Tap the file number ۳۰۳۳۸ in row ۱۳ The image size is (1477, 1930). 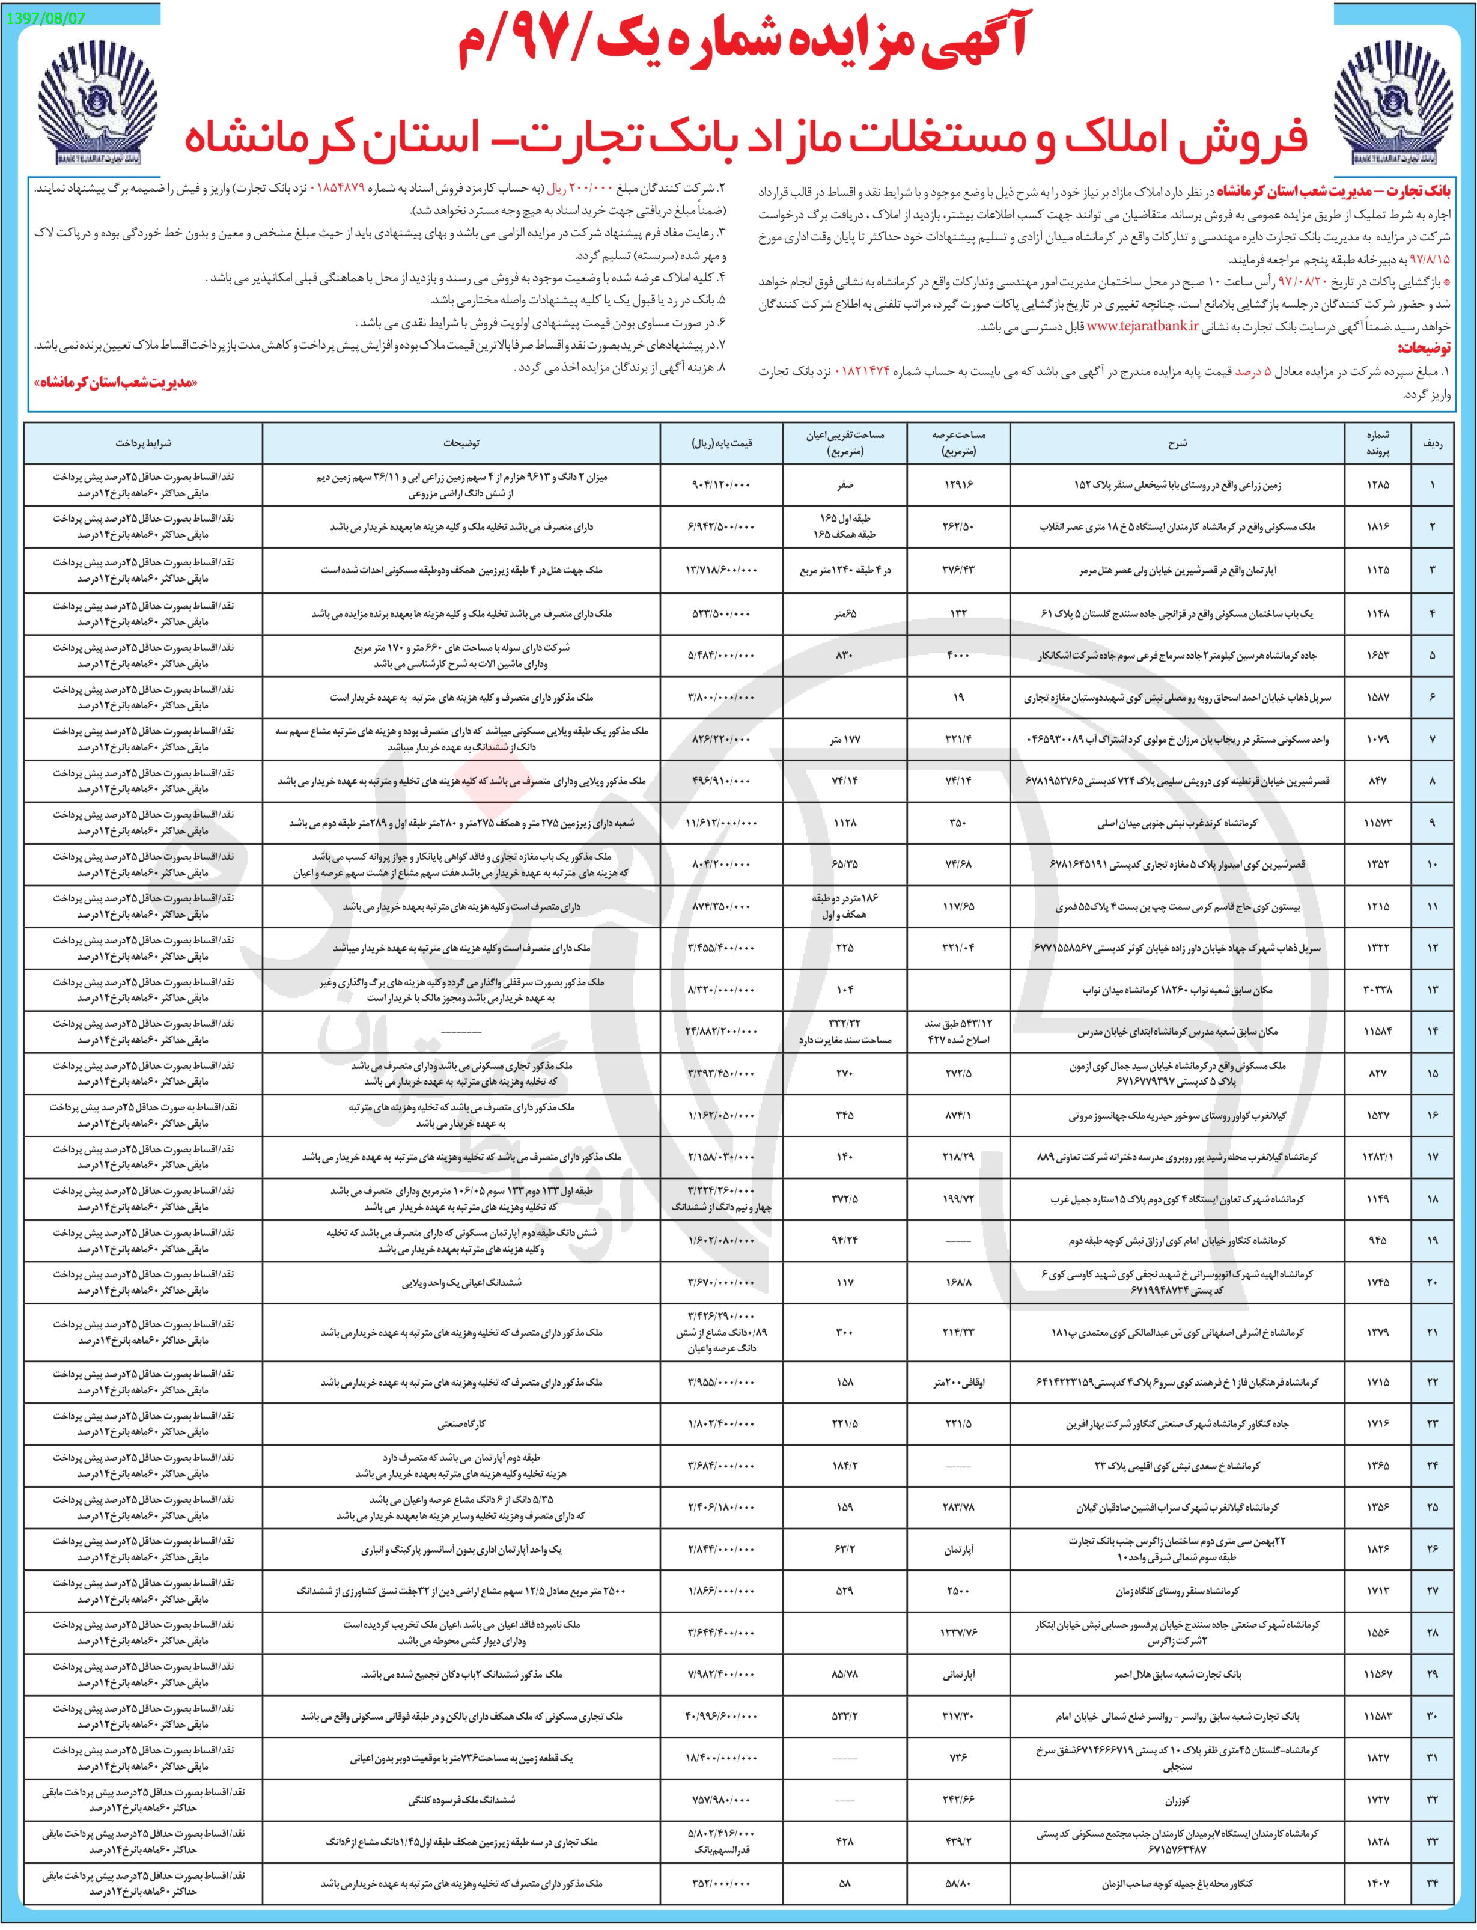tap(1377, 990)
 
